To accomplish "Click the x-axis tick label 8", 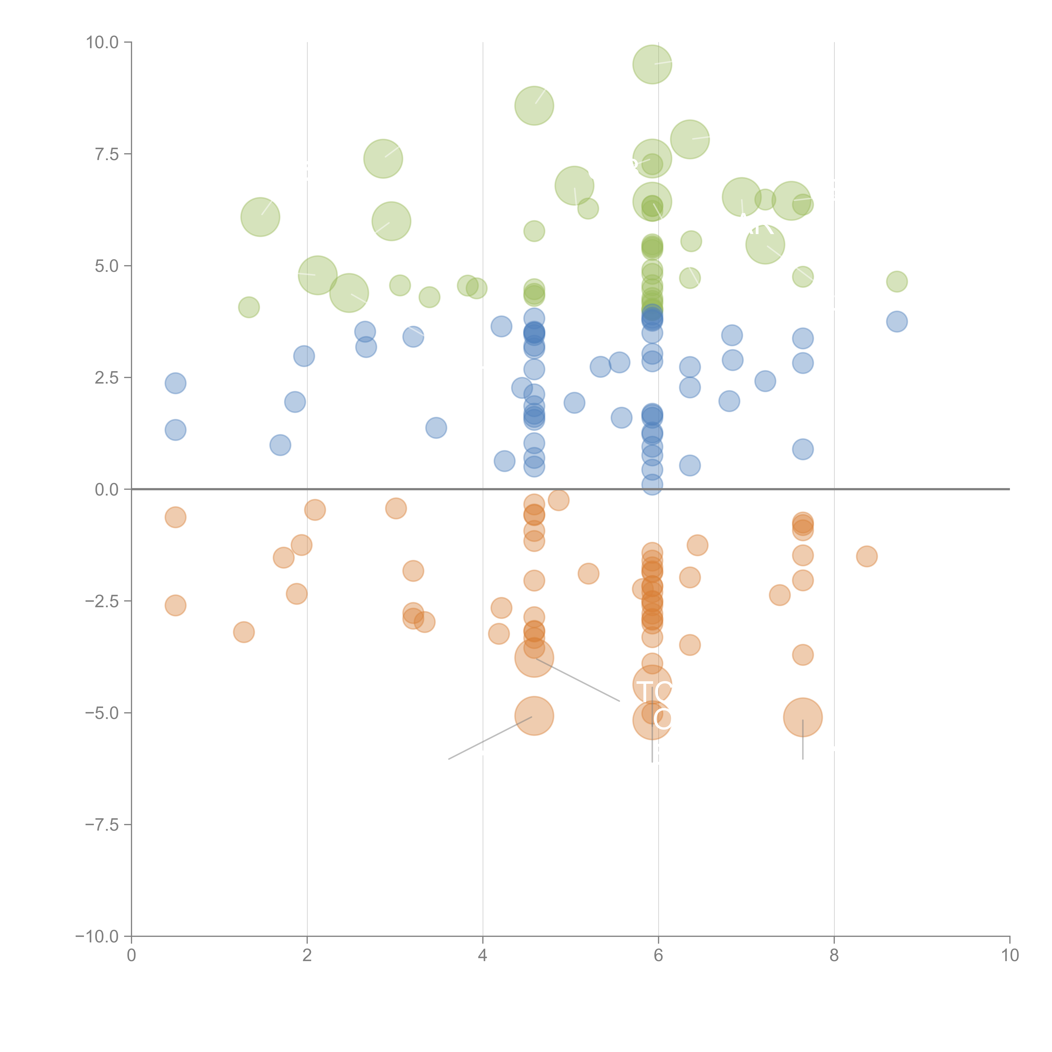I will (834, 956).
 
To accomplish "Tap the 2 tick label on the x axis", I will (307, 956).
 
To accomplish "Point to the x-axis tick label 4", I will (482, 956).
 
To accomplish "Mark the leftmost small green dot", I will (249, 307).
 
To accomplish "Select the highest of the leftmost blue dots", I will (175, 383).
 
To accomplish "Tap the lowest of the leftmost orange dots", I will (175, 605).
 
